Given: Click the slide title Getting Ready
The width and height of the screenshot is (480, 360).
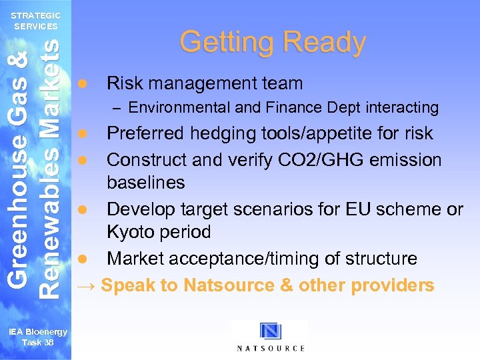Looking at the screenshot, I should pos(273,42).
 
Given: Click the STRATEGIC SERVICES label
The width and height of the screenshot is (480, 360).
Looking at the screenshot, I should pos(36,21).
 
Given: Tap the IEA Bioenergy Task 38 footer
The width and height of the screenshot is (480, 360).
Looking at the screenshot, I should pos(37,337).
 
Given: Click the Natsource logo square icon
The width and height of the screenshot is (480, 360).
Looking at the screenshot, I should pos(271,331).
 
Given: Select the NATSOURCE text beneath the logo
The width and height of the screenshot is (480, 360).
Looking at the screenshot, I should pos(271,348).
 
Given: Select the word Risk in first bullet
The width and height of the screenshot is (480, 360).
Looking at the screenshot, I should pos(121,83).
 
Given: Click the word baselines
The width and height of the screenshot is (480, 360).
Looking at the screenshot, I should pos(146,183).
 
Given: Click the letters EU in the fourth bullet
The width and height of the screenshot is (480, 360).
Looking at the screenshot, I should pos(359,209).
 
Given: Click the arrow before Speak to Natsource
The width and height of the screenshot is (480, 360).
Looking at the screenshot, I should pos(86,286).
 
